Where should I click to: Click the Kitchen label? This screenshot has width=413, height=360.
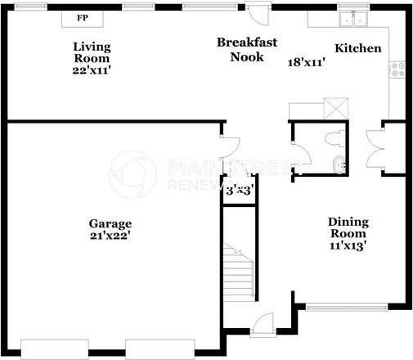pos(358,48)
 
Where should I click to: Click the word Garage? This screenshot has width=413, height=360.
pos(110,223)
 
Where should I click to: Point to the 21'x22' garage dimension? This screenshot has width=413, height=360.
pos(110,236)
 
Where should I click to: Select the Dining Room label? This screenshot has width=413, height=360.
pos(348,227)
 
